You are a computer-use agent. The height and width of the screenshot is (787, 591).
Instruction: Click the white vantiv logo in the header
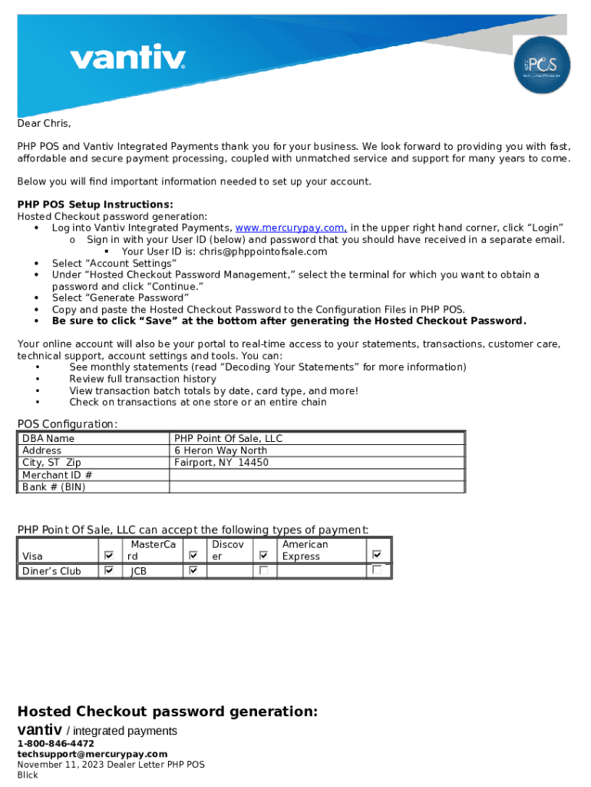click(x=127, y=58)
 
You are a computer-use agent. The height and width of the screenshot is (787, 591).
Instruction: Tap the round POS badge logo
click(x=542, y=65)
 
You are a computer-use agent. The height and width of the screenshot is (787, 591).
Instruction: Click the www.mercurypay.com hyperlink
click(x=291, y=228)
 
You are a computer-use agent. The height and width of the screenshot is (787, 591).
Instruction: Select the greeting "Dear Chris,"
click(x=45, y=124)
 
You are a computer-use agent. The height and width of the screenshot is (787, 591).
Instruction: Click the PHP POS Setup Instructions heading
click(x=95, y=204)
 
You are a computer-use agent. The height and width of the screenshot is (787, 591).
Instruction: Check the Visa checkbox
click(x=109, y=555)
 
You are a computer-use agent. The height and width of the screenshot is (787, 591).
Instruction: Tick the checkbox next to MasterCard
click(x=193, y=555)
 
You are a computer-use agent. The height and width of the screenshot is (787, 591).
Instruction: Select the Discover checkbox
click(x=263, y=555)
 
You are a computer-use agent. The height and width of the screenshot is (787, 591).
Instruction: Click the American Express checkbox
click(x=377, y=554)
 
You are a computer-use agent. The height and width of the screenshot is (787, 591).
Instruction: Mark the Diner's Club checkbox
click(x=109, y=570)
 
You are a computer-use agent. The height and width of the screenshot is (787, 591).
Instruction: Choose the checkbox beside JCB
click(x=193, y=570)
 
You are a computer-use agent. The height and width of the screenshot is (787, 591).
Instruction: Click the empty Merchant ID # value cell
click(x=317, y=475)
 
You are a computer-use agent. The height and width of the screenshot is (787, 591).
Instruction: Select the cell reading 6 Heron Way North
click(x=221, y=450)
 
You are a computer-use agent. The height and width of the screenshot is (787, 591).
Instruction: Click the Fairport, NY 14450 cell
click(x=221, y=463)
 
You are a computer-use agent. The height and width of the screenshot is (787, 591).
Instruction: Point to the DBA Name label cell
click(x=48, y=438)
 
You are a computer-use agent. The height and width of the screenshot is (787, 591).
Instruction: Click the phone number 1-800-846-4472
click(x=56, y=744)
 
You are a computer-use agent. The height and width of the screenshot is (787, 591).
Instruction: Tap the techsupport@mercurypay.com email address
click(x=92, y=755)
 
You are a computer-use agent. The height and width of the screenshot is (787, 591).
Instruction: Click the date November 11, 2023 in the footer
click(x=61, y=765)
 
